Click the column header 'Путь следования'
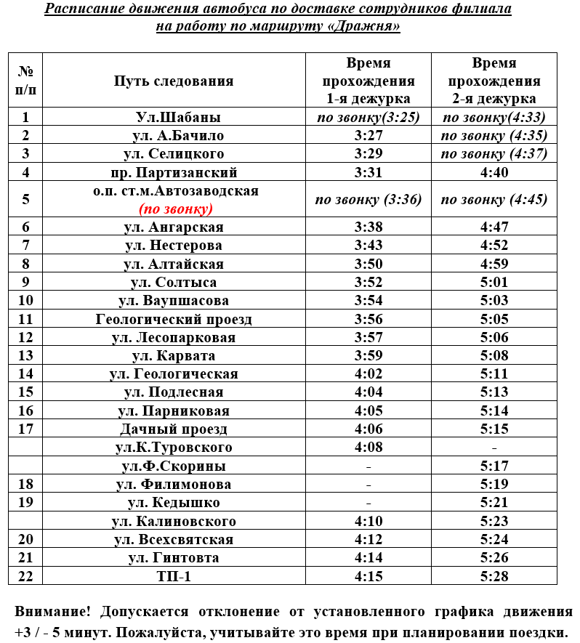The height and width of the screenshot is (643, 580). point(174,81)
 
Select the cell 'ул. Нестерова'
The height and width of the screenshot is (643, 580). point(174,246)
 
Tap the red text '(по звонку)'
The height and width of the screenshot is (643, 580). point(176,209)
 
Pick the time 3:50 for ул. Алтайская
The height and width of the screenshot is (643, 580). point(368,264)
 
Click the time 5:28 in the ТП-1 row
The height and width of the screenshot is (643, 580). point(494,576)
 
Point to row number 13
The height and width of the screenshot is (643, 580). point(26,355)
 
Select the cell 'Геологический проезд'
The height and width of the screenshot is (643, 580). point(174,319)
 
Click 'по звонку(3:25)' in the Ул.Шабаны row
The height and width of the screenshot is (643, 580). point(368,117)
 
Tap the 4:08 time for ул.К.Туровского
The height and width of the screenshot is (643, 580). point(368,447)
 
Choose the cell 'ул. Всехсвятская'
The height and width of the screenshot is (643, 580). point(174,539)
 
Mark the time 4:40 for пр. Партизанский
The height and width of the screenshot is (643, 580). point(494,172)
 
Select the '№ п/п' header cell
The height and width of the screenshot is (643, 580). point(26,81)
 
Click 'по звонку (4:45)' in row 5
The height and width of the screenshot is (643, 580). point(494,200)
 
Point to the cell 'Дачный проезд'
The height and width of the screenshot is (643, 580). point(174,429)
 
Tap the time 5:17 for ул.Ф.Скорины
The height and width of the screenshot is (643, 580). point(494,466)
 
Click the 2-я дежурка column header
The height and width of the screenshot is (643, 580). point(494,81)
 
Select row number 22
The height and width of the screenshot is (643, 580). point(26,576)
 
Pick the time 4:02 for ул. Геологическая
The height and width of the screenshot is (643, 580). point(368,373)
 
